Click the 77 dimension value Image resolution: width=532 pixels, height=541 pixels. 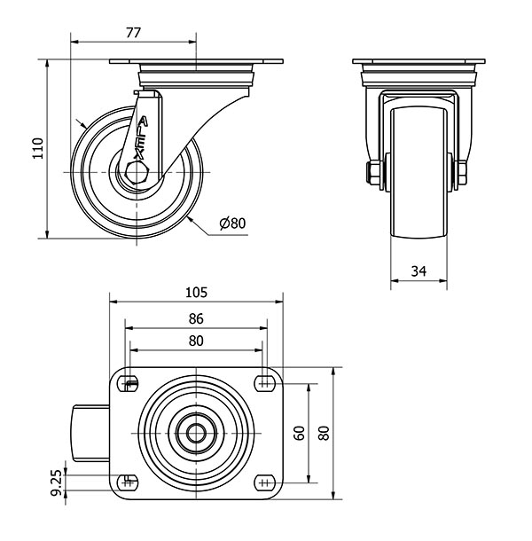pyautogui.click(x=133, y=33)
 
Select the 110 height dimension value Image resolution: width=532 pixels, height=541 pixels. pyautogui.click(x=38, y=148)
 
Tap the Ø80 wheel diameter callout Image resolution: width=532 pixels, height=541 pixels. pyautogui.click(x=232, y=223)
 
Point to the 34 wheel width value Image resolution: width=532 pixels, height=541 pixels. pyautogui.click(x=419, y=271)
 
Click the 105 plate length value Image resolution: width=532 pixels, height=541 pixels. pyautogui.click(x=196, y=293)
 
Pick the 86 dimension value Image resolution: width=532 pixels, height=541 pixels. pyautogui.click(x=196, y=318)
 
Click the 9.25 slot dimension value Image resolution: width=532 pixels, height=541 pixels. pyautogui.click(x=56, y=482)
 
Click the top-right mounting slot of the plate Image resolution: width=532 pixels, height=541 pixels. pyautogui.click(x=265, y=383)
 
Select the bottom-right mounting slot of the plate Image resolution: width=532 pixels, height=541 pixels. pyautogui.click(x=265, y=482)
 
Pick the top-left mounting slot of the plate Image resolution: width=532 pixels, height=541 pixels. pyautogui.click(x=129, y=383)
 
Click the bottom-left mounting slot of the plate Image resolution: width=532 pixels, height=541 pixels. pyautogui.click(x=129, y=482)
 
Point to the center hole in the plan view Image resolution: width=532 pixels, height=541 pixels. pyautogui.click(x=196, y=433)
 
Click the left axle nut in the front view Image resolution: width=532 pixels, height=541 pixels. pyautogui.click(x=374, y=173)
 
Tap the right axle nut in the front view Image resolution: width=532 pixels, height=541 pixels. pyautogui.click(x=462, y=173)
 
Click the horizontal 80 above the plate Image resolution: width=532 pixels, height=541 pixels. pyautogui.click(x=196, y=341)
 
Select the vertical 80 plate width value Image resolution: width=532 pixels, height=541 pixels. pyautogui.click(x=324, y=433)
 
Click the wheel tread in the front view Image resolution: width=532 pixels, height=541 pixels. pyautogui.click(x=419, y=173)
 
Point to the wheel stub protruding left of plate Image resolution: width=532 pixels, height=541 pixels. pyautogui.click(x=91, y=434)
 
